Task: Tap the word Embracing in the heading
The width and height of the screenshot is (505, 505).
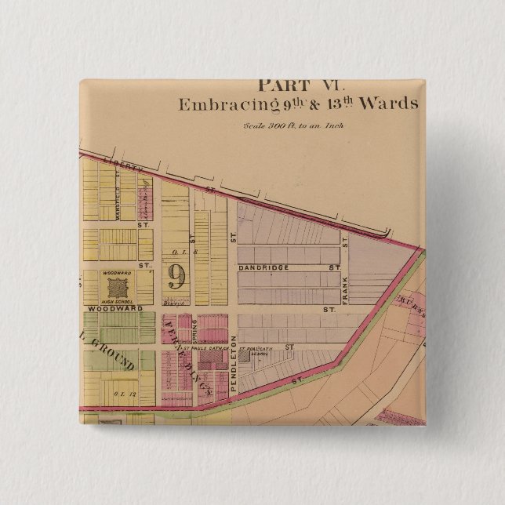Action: [x=217, y=105]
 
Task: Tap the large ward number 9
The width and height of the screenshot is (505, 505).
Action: [x=176, y=275]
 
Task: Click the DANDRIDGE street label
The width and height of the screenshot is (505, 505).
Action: [x=263, y=268]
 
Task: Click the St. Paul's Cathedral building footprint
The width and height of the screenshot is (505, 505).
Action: [x=209, y=359]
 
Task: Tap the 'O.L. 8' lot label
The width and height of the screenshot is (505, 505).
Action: [x=176, y=252]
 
